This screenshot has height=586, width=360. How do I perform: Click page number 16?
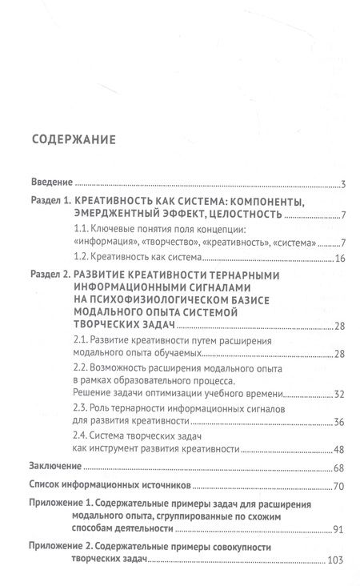(338, 259)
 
